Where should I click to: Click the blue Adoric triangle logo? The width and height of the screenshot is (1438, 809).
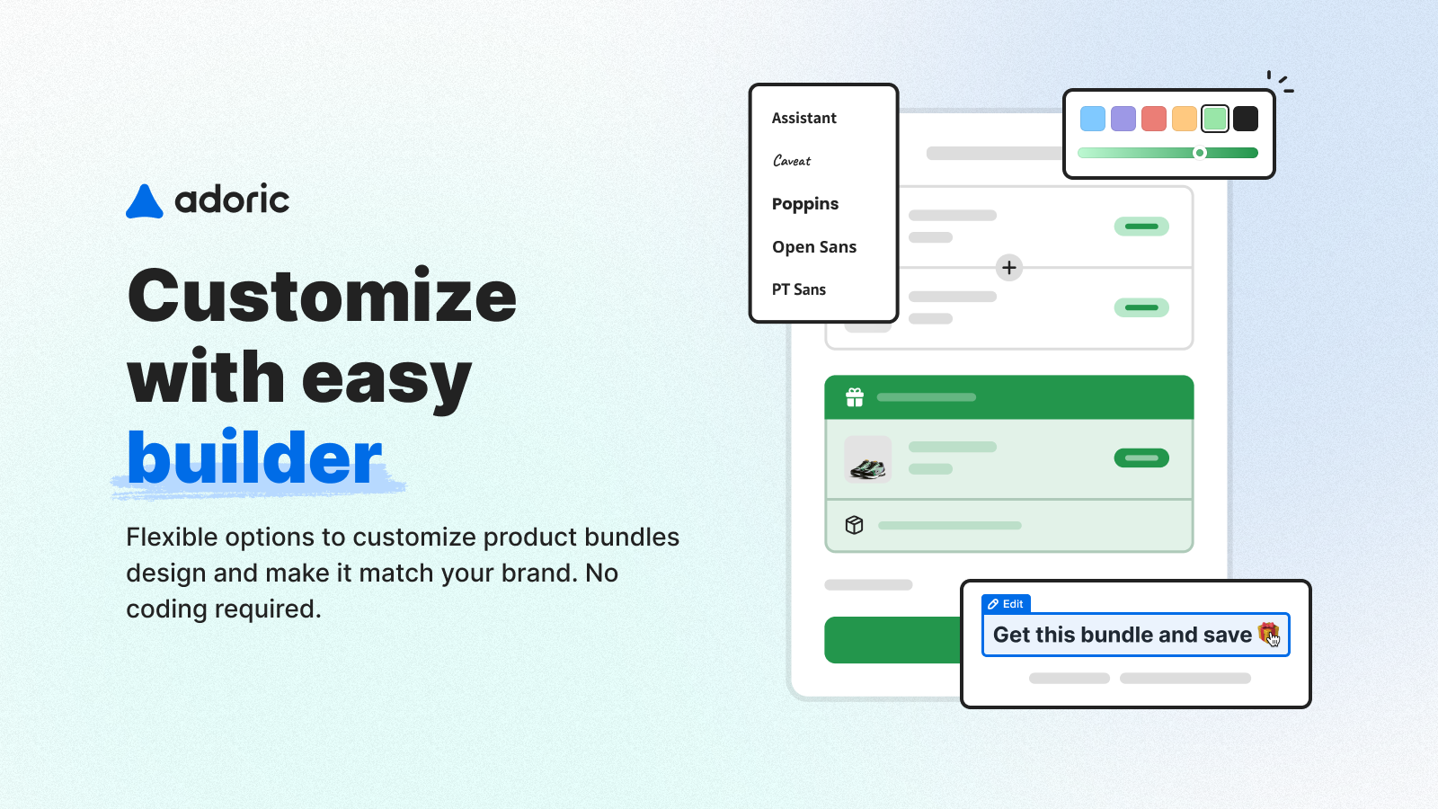coord(145,201)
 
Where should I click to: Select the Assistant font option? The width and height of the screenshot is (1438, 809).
coord(803,118)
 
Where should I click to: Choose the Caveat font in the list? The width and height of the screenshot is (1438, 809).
coord(792,161)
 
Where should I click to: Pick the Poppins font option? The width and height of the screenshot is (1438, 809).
coord(805,204)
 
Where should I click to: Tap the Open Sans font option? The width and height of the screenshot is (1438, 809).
coord(814,247)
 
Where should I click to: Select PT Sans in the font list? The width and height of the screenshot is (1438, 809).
coord(799,289)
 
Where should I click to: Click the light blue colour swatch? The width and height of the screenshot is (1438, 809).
coord(1093,119)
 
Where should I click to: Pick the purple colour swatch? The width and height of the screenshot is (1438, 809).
coord(1123,119)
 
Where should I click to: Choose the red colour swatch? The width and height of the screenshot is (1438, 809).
coord(1154,119)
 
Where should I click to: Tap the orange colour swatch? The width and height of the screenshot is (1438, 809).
coord(1185,119)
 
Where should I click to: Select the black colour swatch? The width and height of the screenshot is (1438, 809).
coord(1246,119)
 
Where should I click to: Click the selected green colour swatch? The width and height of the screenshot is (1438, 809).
coord(1214,119)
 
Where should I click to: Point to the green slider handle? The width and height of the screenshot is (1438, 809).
coord(1199,153)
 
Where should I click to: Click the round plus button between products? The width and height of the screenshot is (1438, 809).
coord(1009,268)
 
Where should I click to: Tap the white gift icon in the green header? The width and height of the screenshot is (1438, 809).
coord(855,397)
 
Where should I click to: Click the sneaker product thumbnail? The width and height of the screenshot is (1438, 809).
coord(867,459)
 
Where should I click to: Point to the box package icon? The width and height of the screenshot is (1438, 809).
coord(854,525)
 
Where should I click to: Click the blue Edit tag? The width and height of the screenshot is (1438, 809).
coord(1006,604)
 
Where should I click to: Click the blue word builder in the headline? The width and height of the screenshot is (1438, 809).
coord(254,458)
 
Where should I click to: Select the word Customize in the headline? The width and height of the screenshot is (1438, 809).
coord(322,296)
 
